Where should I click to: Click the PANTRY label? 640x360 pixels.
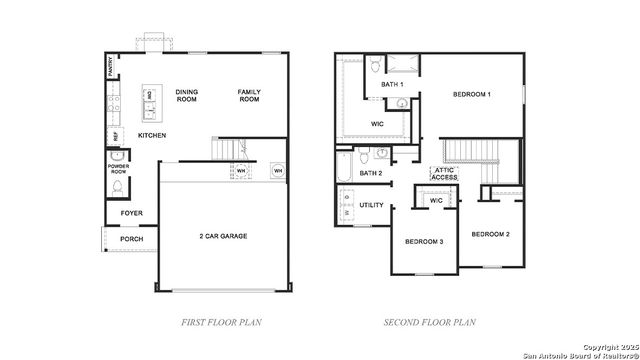[x=110, y=66]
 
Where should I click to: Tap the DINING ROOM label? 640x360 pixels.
[x=187, y=96]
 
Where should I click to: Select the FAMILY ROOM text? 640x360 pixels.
[x=249, y=96]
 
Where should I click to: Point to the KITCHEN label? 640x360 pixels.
[x=151, y=135]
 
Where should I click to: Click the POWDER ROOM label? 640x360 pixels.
[x=117, y=169]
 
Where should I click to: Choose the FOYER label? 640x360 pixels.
[x=131, y=213]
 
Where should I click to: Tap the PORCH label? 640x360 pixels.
[x=131, y=239]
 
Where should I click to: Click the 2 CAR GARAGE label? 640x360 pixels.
[x=222, y=236]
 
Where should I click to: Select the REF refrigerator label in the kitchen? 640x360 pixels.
[x=115, y=135]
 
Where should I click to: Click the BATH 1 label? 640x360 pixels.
[x=393, y=85]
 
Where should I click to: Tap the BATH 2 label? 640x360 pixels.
[x=371, y=173]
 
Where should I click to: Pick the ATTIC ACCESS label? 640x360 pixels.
[x=445, y=174]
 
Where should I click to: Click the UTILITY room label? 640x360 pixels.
[x=371, y=205]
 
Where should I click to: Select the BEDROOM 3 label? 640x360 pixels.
[x=424, y=242]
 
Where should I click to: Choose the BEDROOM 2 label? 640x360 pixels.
[x=491, y=234]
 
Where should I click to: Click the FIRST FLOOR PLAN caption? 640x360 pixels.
[x=222, y=322]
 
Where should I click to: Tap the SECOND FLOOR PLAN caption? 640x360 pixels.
[x=430, y=322]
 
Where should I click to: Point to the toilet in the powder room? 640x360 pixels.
[x=117, y=188]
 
